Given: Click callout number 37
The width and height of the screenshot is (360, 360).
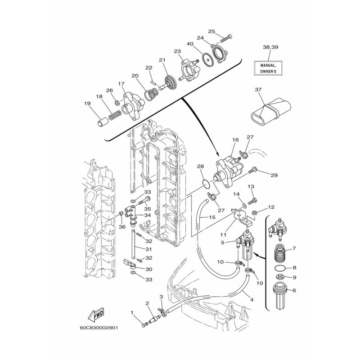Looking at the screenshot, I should pyautogui.click(x=258, y=90).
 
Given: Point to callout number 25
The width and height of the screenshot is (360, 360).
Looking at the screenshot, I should pyautogui.click(x=211, y=31).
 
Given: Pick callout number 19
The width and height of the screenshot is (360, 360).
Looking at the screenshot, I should pyautogui.click(x=87, y=103).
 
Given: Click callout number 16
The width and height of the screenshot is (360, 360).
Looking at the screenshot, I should pyautogui.click(x=235, y=140).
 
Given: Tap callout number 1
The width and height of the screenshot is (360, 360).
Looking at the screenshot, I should pyautogui.click(x=132, y=312).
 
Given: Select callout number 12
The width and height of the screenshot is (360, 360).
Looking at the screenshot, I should pyautogui.click(x=271, y=207).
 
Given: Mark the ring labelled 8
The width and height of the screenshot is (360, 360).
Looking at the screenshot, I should pyautogui.click(x=279, y=267).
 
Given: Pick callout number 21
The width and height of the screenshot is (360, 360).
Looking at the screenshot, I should pyautogui.click(x=162, y=60).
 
